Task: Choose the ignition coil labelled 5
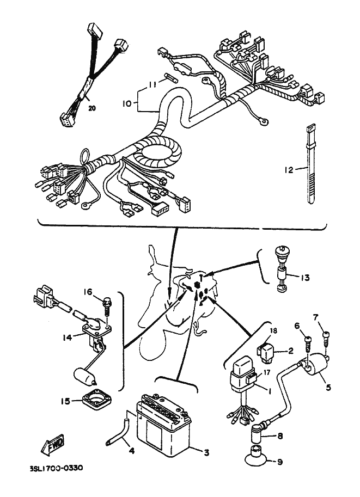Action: pos(316,371)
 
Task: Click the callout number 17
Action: pos(266,373)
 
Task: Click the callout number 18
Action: pos(273,331)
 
